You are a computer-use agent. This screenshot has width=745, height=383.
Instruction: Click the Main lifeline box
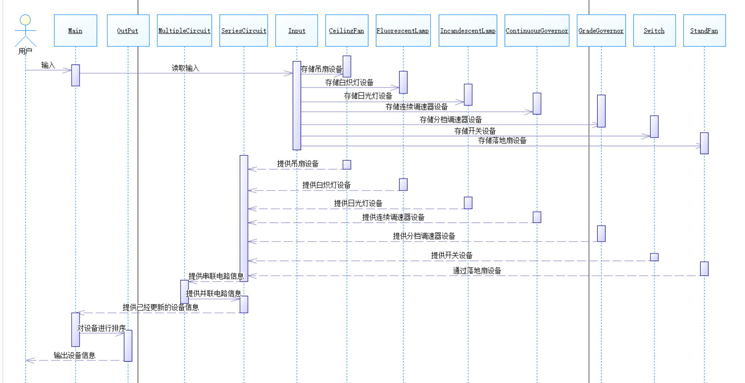point(75,30)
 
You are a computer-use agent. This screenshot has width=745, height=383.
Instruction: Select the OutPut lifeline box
point(128,30)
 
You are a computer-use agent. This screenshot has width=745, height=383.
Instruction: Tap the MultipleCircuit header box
point(184,30)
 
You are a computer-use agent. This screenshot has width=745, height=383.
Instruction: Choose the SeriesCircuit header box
point(244,30)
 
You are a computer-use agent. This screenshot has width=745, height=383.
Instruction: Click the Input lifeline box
point(297,30)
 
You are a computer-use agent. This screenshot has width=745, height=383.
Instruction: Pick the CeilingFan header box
point(347,30)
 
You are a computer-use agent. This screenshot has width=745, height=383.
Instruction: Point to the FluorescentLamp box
point(403,30)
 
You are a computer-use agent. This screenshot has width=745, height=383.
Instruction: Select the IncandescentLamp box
point(468,30)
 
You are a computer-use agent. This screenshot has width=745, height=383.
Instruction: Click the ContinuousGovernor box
point(537,30)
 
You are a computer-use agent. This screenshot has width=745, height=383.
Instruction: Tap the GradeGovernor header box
point(601,30)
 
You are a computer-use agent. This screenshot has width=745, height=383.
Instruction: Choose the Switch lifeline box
point(654,30)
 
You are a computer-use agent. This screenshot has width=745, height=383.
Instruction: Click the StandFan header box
point(704,30)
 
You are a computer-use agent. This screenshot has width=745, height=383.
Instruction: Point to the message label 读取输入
point(185,68)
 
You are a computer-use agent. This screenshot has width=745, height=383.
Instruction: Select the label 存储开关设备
point(475,131)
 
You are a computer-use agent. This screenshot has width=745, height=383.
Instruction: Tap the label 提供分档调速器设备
point(424,236)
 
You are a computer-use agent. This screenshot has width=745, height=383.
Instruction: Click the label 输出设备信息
point(74,355)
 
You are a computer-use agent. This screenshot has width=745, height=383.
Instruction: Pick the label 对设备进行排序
point(101,328)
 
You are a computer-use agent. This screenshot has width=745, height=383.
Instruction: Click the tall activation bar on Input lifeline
point(297,105)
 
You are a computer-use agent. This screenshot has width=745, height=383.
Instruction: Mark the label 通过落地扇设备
point(477,271)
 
